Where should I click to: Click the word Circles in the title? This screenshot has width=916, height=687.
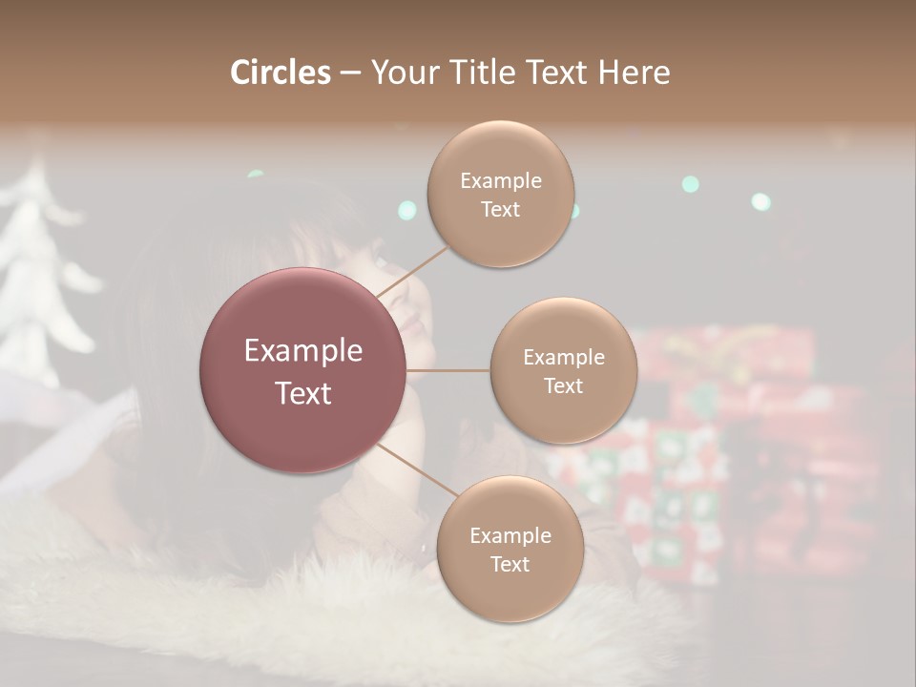point(280,73)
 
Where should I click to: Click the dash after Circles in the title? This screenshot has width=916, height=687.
point(350,73)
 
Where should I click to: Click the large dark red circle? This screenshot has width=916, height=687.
point(302,370)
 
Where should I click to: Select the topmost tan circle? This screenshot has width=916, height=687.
point(500,195)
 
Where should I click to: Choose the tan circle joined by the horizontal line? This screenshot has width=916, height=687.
point(563,370)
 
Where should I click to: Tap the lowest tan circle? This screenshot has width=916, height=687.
point(510,550)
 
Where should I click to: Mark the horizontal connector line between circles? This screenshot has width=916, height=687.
point(448,370)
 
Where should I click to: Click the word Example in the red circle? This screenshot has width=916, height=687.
point(302,351)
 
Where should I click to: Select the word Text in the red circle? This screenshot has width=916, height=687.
point(302,392)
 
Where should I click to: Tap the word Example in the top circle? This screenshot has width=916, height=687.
point(500,180)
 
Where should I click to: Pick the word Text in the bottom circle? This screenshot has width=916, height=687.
point(510,564)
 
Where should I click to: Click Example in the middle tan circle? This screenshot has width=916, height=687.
point(563,357)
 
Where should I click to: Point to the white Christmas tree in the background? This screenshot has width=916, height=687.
point(43,277)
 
